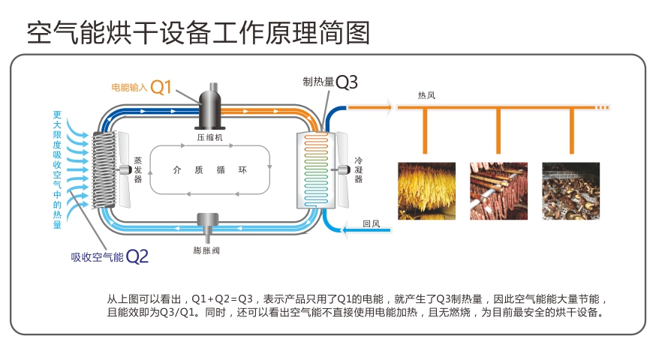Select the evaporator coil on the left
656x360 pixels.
pyautogui.click(x=104, y=170)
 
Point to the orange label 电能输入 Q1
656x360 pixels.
pyautogui.click(x=142, y=87)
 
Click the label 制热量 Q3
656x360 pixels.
pyautogui.click(x=330, y=82)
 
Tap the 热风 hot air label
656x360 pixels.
pyautogui.click(x=426, y=96)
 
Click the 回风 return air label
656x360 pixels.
pyautogui.click(x=371, y=223)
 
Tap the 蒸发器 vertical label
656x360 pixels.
pyautogui.click(x=137, y=170)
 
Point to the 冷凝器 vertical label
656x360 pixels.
pyautogui.click(x=359, y=170)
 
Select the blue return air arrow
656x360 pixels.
pyautogui.click(x=347, y=229)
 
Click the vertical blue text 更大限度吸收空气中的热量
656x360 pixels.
pyautogui.click(x=57, y=169)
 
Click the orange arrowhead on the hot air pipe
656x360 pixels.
pyautogui.click(x=389, y=108)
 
